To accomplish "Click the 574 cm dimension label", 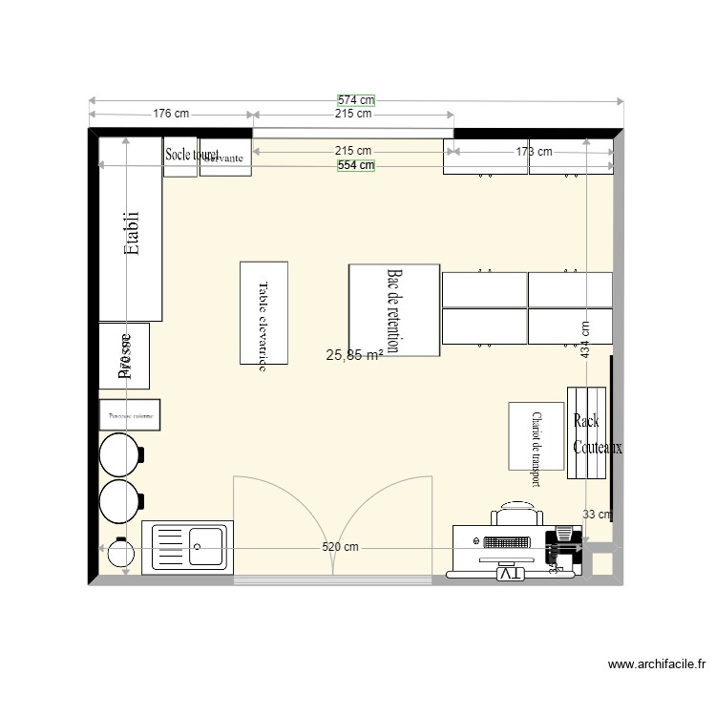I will (356, 99).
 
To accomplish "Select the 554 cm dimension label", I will (356, 165).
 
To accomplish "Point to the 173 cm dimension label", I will (534, 151).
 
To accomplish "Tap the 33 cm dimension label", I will (597, 515).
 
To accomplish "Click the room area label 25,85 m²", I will (354, 356).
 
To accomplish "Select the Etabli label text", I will (132, 234).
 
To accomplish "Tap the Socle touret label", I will (191, 154).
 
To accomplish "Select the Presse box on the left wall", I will (124, 356).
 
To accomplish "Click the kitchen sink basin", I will (206, 547).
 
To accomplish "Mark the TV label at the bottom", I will (510, 574).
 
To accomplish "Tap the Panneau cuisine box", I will (131, 415).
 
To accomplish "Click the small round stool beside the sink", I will (121, 553).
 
